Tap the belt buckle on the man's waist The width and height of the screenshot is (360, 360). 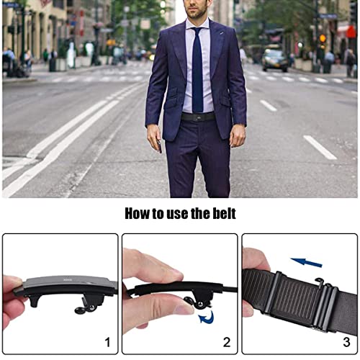[198, 117]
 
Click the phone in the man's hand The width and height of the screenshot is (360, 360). [159, 146]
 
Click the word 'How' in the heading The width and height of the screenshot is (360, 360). [137, 213]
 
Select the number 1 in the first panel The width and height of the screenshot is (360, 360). [107, 342]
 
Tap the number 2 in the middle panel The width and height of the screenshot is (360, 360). [227, 342]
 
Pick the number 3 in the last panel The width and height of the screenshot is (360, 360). [346, 342]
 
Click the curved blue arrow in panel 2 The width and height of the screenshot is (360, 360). [207, 318]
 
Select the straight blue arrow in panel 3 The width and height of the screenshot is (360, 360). [306, 263]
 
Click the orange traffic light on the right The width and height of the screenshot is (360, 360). [323, 38]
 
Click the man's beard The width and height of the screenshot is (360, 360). [197, 13]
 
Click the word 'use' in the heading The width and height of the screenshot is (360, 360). [177, 214]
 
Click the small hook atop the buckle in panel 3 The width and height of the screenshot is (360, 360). [320, 281]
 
